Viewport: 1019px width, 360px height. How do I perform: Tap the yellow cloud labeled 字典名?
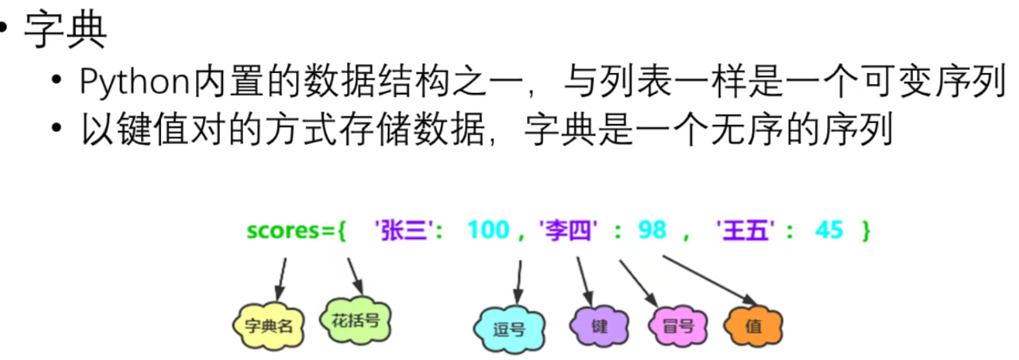pos(268,326)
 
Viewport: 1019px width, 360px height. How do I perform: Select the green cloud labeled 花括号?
pos(356,320)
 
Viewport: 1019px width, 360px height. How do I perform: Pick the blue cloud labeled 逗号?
pos(509,329)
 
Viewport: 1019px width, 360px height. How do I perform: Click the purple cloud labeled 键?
pos(599,326)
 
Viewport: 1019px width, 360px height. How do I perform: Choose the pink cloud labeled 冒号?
pos(678,326)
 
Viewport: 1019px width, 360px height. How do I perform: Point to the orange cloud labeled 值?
pos(753,326)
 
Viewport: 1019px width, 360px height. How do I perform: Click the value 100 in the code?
pos(488,230)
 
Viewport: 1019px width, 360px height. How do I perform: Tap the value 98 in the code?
pos(652,230)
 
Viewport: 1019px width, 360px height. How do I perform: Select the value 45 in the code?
pos(829,230)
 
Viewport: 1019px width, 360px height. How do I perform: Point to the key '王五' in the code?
pos(745,230)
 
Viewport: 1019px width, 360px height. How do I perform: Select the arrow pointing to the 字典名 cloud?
pos(281,280)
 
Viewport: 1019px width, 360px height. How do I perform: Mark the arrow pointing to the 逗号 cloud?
pos(519,282)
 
